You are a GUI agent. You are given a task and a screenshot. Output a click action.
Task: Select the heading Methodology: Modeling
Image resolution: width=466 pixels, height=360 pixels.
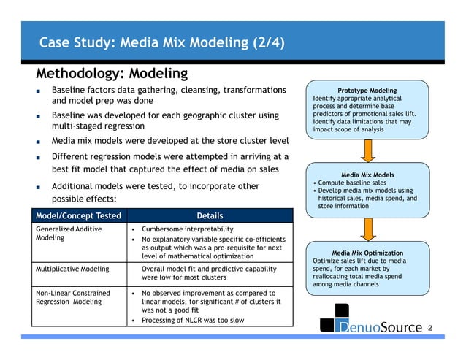(x=112, y=74)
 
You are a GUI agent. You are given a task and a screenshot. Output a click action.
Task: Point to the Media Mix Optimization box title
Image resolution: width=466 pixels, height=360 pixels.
(x=367, y=253)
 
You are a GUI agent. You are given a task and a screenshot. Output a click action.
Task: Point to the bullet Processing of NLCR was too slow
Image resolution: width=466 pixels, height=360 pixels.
(x=194, y=321)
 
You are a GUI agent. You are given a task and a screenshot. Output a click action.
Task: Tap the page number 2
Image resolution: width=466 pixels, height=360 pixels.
(x=430, y=329)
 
